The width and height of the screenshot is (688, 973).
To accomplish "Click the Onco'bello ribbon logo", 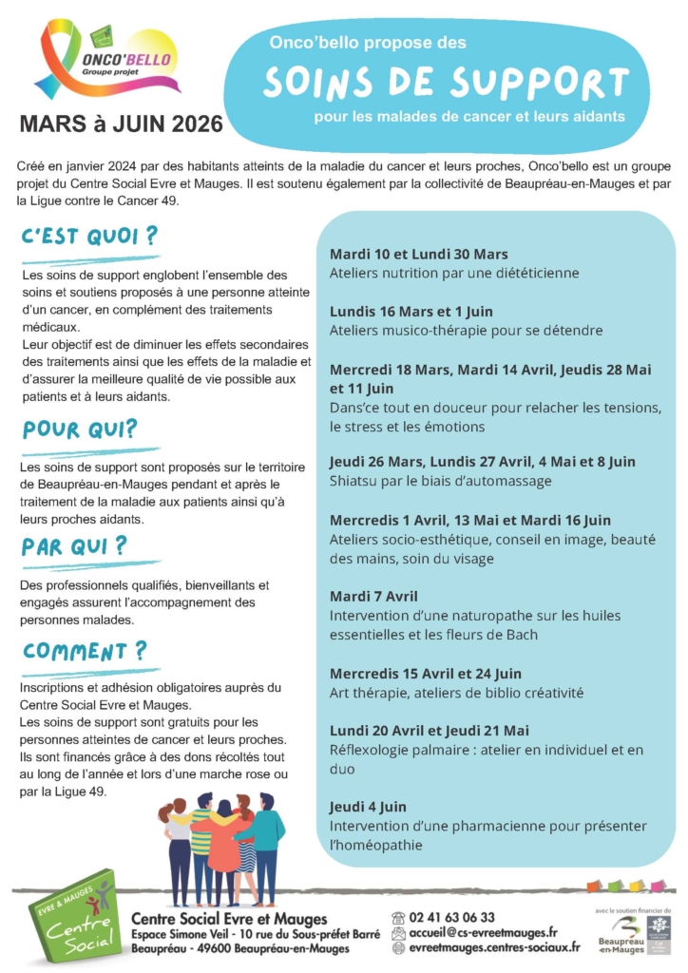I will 105,62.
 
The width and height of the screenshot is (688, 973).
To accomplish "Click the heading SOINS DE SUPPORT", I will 446,83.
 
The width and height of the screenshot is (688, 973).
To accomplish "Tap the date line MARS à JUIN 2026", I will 121,124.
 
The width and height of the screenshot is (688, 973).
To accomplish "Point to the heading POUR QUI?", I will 80,429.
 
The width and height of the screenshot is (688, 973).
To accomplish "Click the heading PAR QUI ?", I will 74,546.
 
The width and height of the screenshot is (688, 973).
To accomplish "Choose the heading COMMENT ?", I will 85,651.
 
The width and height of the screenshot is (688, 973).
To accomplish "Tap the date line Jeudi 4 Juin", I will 368,807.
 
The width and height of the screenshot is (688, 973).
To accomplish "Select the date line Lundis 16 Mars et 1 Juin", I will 411,312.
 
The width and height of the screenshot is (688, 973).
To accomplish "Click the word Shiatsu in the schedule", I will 355,481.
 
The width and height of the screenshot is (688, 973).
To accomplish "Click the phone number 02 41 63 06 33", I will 451,917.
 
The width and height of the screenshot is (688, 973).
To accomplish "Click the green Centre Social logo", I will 74,916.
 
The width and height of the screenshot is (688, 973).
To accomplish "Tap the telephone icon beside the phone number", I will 398,917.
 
